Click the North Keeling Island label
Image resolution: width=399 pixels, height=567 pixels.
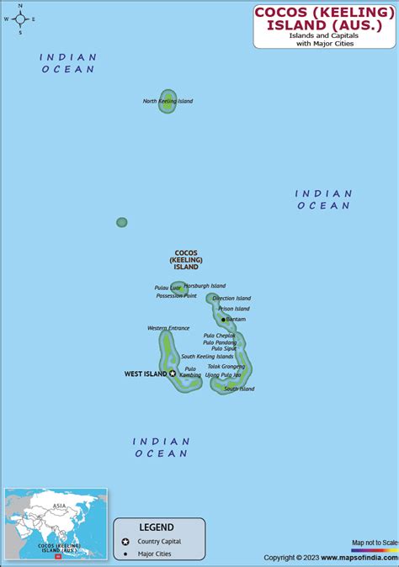coord(168,101)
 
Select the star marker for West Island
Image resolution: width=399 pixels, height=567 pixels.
coord(173,374)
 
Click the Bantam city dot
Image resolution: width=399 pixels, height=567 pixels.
coord(223,320)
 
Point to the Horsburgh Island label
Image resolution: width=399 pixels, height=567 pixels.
coord(205,286)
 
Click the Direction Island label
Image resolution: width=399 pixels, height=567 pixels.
coord(231,299)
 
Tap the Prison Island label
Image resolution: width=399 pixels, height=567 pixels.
coord(234,309)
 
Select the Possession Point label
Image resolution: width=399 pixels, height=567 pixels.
coord(177,296)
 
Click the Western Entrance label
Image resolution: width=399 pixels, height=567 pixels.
coord(168,328)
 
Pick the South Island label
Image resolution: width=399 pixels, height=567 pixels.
coord(239,389)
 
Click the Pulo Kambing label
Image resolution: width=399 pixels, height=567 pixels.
coord(190,371)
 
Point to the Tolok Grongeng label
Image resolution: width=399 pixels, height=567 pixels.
coord(226,367)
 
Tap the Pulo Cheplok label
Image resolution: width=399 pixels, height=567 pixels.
coord(220,336)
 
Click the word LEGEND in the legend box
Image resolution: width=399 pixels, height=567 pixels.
coord(157,527)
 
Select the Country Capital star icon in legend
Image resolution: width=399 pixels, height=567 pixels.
coord(125,542)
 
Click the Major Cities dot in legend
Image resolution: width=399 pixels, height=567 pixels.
coord(125,554)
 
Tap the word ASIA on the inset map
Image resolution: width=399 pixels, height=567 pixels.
coord(59,506)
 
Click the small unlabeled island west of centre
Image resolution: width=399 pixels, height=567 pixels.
coord(122,222)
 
